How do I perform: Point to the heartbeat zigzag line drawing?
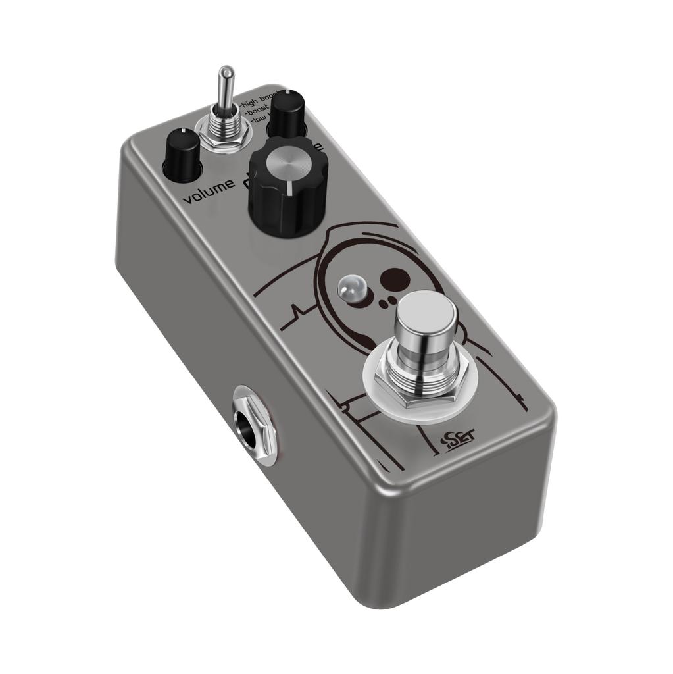(297, 309)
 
